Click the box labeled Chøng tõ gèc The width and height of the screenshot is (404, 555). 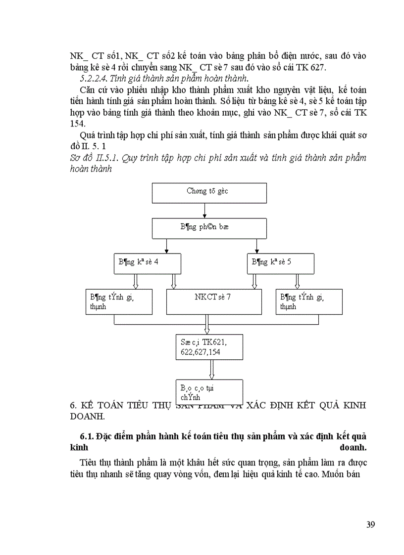point(208,192)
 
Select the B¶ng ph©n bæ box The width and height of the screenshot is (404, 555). point(208,228)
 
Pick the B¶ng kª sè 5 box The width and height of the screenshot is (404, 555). point(280,263)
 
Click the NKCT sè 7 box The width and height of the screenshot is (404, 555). point(213,301)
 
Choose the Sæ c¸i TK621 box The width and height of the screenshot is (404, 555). point(208,346)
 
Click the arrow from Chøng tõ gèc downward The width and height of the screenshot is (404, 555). point(204,211)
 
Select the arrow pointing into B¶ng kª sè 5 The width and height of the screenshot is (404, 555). point(256,246)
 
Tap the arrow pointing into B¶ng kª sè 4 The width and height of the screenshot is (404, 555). point(167,246)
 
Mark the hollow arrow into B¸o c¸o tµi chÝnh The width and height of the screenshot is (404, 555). point(211,370)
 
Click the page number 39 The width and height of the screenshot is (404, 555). point(371,524)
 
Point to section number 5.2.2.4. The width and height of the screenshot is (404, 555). point(96,78)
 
